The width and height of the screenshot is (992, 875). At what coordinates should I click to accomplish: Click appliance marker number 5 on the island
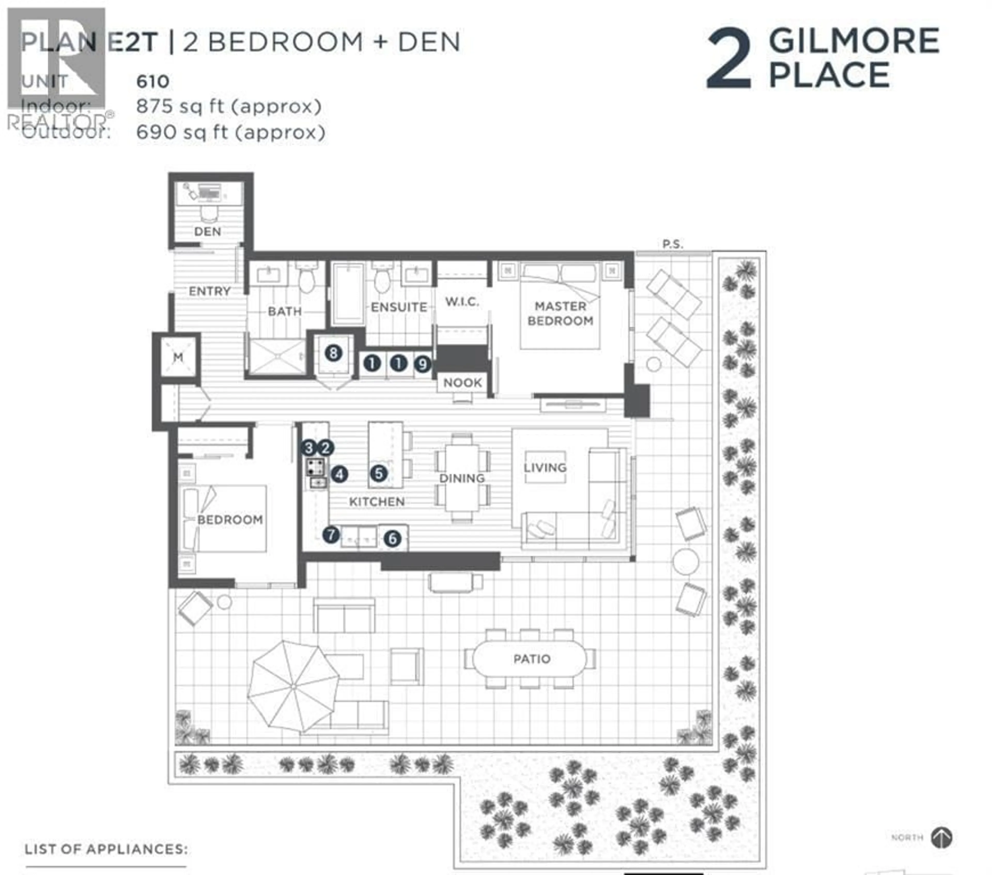(378, 473)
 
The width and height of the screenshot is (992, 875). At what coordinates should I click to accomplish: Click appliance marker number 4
(339, 474)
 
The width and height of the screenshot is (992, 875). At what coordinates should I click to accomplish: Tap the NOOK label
(462, 383)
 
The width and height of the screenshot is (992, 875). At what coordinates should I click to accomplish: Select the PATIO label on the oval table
(532, 659)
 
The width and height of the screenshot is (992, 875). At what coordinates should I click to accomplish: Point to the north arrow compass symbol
(942, 837)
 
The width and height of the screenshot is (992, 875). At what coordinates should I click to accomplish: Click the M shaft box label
(178, 357)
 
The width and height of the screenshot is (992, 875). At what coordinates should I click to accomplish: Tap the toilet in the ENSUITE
(382, 279)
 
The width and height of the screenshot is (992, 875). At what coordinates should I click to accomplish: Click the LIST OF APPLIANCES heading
(106, 849)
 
